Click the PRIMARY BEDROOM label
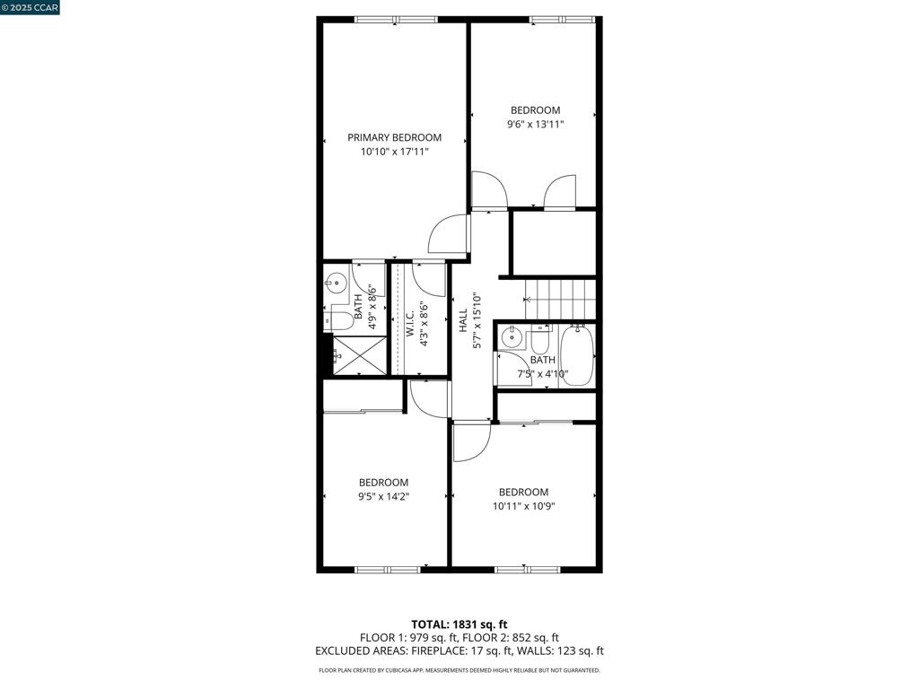coord(395,137)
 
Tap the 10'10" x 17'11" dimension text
coord(395,153)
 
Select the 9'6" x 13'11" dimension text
coord(535,124)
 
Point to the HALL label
coord(464,320)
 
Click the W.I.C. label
coord(410,323)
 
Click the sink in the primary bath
coord(337,283)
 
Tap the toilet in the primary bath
coord(338,320)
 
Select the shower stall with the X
coord(360,354)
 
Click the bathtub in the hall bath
coord(577,355)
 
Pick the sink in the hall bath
coord(512,336)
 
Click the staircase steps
coord(560,300)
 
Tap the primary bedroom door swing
coord(450,234)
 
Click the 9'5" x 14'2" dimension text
coord(384,497)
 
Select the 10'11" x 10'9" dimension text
coord(523,507)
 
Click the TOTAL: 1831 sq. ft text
coord(459,624)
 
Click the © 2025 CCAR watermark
coord(30,7)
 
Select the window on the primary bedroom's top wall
coord(396,20)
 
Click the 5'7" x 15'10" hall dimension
coord(477,320)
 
